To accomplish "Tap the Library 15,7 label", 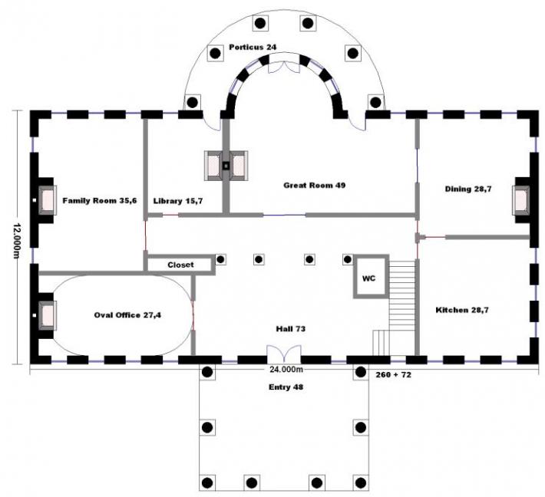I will [x=177, y=200].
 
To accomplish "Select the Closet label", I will [x=181, y=265].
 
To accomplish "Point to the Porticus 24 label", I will [x=253, y=47].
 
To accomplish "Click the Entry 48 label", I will [x=285, y=387].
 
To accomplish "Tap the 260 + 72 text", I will [x=395, y=375].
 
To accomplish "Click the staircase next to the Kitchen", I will [x=401, y=307].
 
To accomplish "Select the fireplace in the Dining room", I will [x=522, y=200].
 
